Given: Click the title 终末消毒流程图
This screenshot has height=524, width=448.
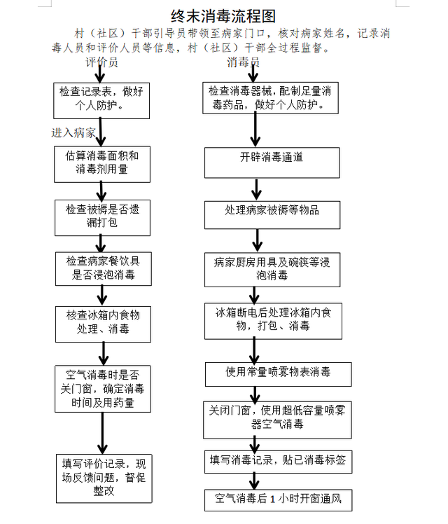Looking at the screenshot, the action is [x=223, y=16].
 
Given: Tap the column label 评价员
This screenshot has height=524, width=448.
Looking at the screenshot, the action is [x=101, y=62].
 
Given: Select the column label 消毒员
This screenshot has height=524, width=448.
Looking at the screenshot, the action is [x=244, y=62].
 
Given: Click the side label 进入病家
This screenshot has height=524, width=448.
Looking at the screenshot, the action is [x=73, y=132].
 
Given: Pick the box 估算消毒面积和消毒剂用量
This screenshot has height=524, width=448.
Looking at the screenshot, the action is [x=102, y=164].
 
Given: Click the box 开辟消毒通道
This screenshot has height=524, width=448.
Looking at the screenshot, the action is [x=272, y=163].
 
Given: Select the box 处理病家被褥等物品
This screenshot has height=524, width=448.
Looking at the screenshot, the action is [x=272, y=215].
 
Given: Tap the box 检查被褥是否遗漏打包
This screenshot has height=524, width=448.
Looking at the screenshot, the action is [x=102, y=218].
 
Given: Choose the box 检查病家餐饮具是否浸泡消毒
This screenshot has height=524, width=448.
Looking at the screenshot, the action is [x=104, y=269].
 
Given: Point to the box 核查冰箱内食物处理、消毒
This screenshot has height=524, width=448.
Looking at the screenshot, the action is [x=103, y=324].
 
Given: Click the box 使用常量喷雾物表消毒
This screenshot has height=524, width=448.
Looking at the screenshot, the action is [x=279, y=374].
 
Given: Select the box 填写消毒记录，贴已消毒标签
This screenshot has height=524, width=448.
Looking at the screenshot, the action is [x=279, y=462].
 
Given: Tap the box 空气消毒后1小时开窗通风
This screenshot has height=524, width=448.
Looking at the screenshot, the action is [x=279, y=500].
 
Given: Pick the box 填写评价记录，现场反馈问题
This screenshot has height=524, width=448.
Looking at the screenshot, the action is [x=104, y=478].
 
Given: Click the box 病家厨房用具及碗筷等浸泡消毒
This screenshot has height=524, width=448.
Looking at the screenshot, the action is [x=272, y=270].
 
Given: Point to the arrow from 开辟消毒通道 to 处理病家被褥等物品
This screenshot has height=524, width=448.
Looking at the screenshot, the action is [x=256, y=189].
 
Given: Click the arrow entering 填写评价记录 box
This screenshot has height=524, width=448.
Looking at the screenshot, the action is [x=102, y=433].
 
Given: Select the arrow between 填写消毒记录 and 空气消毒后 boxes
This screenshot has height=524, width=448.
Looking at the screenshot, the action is [x=254, y=481].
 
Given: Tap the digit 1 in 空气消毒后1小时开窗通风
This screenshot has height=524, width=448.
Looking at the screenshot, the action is [x=272, y=499].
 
